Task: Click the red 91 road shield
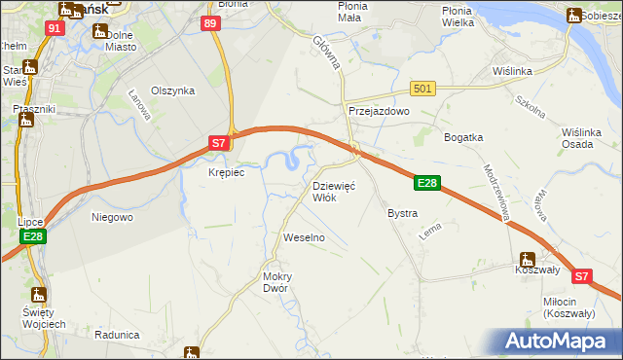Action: click(54, 28)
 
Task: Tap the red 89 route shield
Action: click(211, 22)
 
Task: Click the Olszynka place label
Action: click(172, 90)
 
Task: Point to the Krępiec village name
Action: click(226, 172)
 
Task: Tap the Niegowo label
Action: click(112, 217)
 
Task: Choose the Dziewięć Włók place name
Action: click(333, 191)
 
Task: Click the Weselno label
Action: click(303, 237)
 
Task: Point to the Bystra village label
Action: click(402, 213)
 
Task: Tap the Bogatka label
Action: click(463, 137)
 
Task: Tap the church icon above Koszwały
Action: click(527, 260)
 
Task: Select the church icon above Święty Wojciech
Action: click(39, 294)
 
